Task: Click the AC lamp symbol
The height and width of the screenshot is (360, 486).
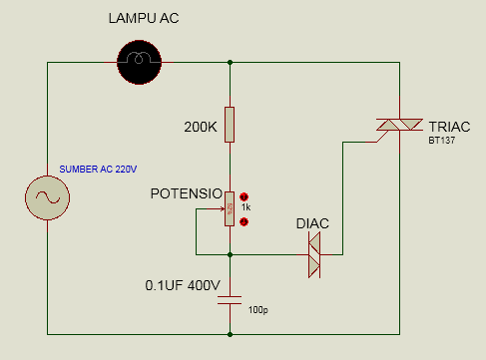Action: tap(139, 61)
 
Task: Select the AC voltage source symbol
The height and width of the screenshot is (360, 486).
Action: tap(47, 197)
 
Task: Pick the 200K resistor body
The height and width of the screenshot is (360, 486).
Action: tap(231, 125)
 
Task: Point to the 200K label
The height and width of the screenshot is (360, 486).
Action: tap(200, 128)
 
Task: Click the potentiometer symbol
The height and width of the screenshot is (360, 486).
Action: tap(231, 208)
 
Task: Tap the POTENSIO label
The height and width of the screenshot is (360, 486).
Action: tap(185, 193)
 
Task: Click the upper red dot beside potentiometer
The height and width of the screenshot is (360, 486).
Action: tap(243, 196)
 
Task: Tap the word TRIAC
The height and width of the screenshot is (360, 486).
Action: tap(452, 127)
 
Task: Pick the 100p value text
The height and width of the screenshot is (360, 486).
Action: tap(257, 310)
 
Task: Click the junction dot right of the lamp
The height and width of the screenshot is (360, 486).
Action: tap(231, 61)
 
